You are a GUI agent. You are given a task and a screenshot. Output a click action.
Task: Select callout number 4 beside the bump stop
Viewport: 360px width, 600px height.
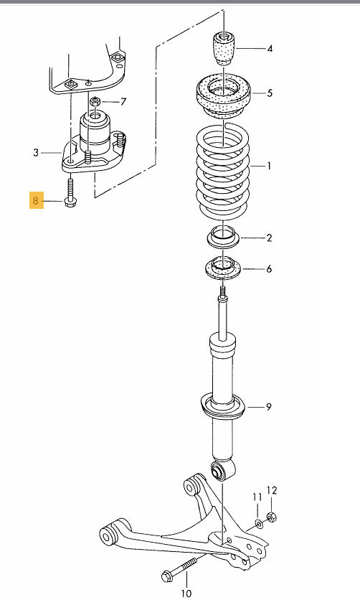(270, 49)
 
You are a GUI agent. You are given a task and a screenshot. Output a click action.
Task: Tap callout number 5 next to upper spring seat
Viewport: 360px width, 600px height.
(270, 93)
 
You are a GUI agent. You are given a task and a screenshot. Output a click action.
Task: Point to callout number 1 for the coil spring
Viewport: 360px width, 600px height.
(270, 167)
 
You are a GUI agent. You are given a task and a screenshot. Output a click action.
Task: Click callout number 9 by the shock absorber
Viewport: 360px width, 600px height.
(268, 408)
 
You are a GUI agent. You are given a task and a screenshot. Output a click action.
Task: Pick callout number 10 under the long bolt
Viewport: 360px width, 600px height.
(186, 593)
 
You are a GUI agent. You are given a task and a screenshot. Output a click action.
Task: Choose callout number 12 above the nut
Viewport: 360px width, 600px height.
(272, 490)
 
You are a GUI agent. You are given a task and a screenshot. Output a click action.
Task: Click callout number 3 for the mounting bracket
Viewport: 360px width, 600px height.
(35, 152)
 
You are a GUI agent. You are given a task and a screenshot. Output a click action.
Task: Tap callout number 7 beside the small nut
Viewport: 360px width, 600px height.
(123, 101)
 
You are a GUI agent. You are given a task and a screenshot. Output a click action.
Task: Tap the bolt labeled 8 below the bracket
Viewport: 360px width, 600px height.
(70, 192)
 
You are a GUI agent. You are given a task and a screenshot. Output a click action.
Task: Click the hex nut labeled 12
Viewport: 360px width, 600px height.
(271, 517)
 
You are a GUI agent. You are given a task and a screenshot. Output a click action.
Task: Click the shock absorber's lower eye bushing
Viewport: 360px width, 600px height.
(222, 471)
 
